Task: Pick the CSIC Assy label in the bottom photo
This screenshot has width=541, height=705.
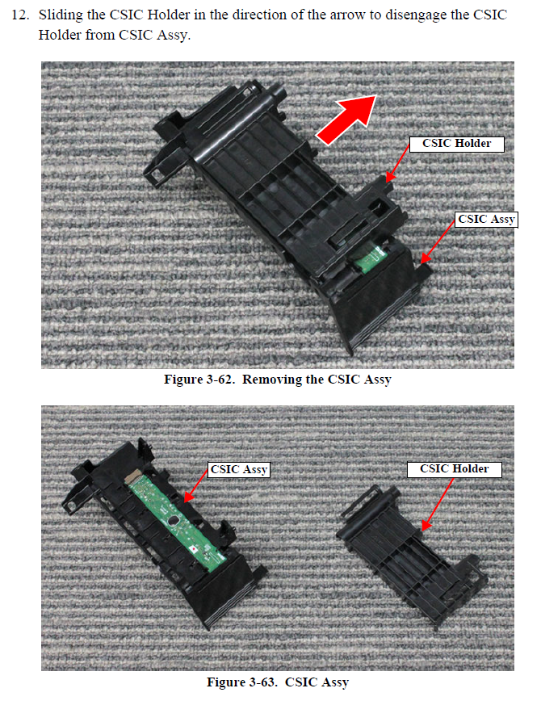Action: [x=239, y=469]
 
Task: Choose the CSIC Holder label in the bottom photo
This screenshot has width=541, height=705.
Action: [x=454, y=468]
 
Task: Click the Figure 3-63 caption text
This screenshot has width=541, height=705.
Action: [x=277, y=682]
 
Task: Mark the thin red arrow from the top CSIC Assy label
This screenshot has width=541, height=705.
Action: [x=437, y=242]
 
